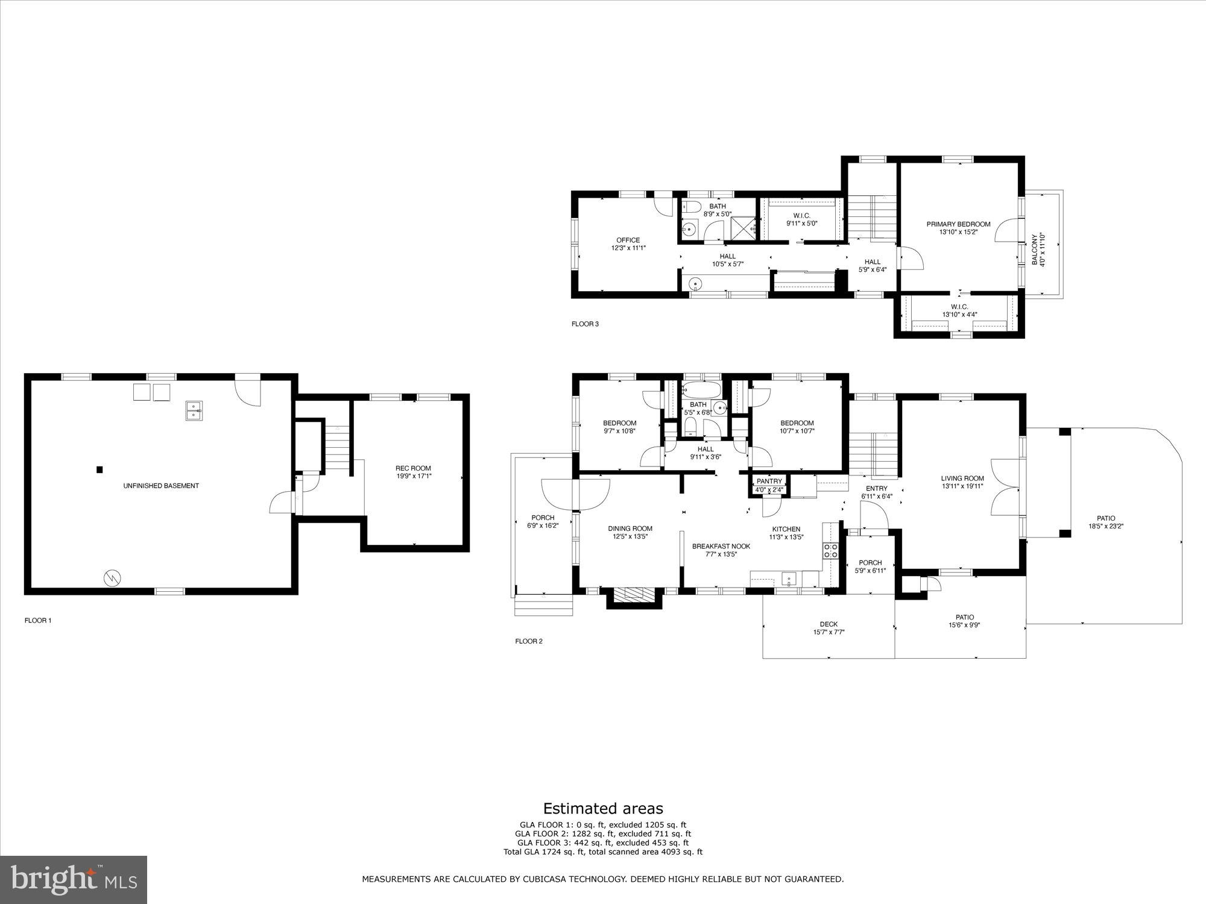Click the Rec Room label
point(413,468)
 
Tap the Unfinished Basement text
point(161,486)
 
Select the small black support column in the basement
point(99,469)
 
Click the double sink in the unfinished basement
point(194,410)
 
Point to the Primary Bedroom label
point(958,224)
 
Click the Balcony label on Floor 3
point(1035,250)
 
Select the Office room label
point(628,240)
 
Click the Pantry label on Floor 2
point(769,481)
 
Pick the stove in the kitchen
point(831,550)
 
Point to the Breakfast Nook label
point(721,546)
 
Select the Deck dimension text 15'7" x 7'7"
point(829,632)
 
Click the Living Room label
point(962,479)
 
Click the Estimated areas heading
point(603,809)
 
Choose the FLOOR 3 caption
point(585,324)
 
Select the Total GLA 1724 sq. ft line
point(603,852)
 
